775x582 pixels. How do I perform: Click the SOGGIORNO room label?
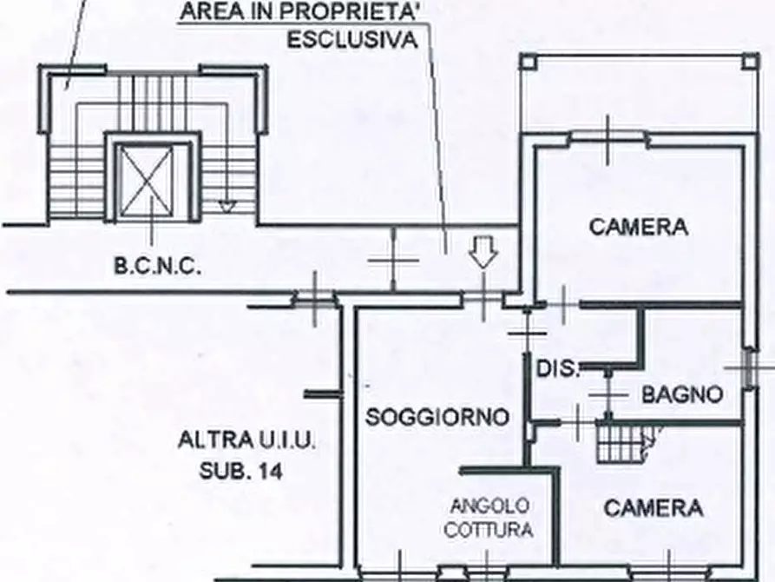click(437, 417)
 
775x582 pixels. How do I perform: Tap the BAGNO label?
click(682, 394)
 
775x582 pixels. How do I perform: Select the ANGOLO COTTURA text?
click(489, 519)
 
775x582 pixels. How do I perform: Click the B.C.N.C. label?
click(158, 267)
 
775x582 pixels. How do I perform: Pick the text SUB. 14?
click(241, 470)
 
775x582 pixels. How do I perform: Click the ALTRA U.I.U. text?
click(246, 440)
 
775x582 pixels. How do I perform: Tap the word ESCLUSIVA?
click(352, 40)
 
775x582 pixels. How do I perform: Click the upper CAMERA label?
click(639, 228)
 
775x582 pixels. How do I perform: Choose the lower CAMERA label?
click(653, 508)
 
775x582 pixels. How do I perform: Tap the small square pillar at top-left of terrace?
click(529, 63)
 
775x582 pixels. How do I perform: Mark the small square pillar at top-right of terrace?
click(750, 63)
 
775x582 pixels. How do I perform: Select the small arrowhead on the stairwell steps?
click(227, 207)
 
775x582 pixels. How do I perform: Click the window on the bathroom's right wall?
click(751, 368)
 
